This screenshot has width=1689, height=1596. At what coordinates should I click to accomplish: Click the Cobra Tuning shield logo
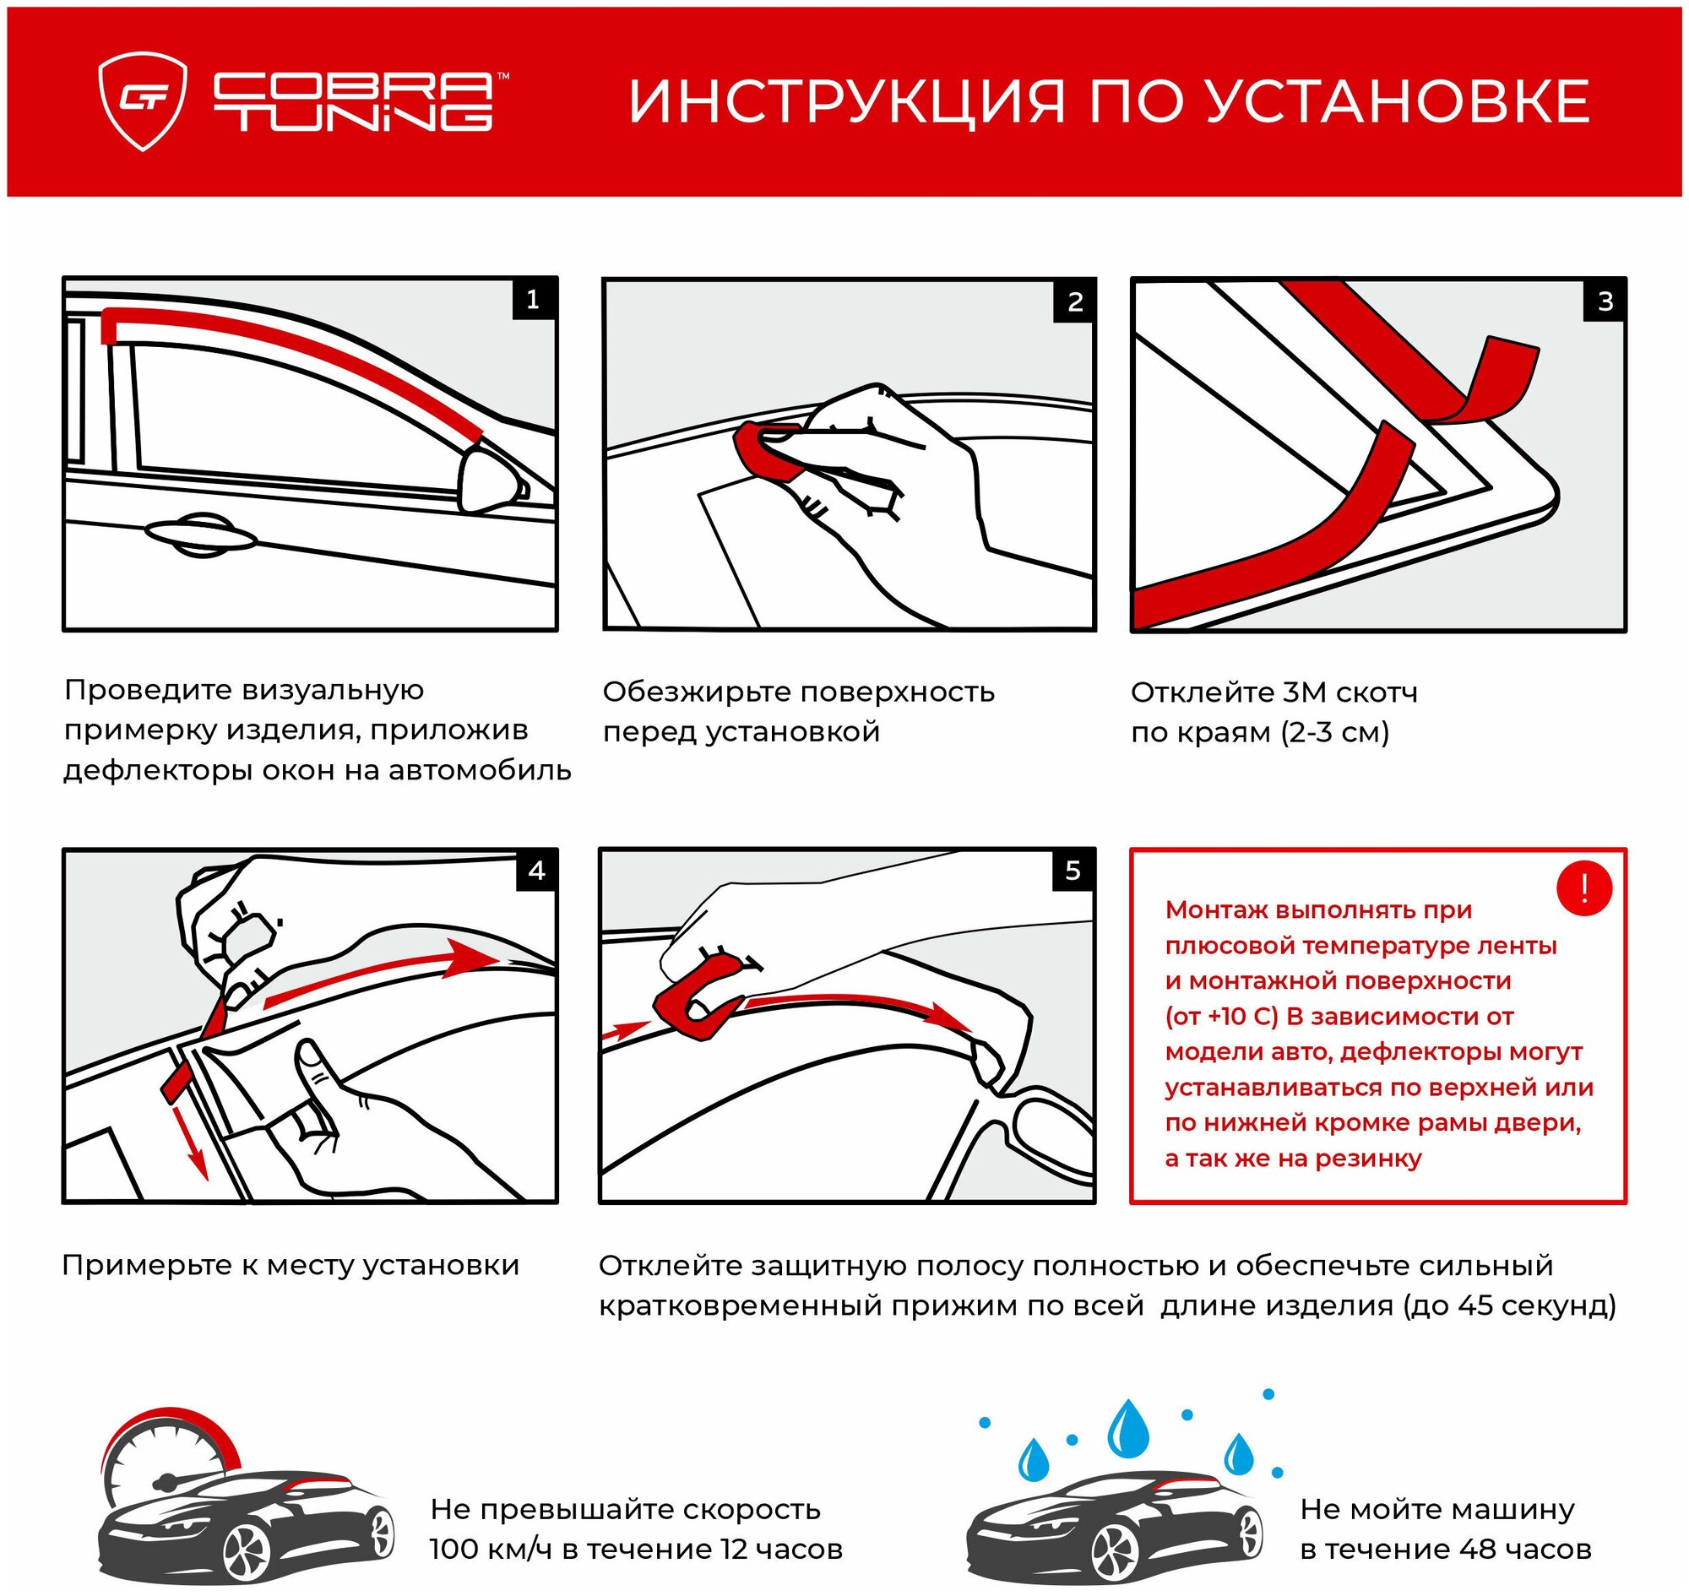pos(142,101)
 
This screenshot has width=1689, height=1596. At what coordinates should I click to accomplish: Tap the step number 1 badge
pos(534,300)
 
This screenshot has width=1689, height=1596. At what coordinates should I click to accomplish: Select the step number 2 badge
pos(1075,301)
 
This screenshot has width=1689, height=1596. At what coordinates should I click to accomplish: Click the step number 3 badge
pos(1605,301)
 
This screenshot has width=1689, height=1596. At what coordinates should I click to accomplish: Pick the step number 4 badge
pos(536,871)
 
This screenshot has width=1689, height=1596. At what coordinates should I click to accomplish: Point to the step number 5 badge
pos(1073,871)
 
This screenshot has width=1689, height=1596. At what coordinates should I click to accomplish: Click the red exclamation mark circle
pos(1583,888)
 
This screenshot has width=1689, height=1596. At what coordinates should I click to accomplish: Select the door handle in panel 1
pos(201,535)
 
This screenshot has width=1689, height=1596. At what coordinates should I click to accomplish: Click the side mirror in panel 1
pos(489,480)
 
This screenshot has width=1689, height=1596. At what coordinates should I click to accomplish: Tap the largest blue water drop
pos(1128,1430)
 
